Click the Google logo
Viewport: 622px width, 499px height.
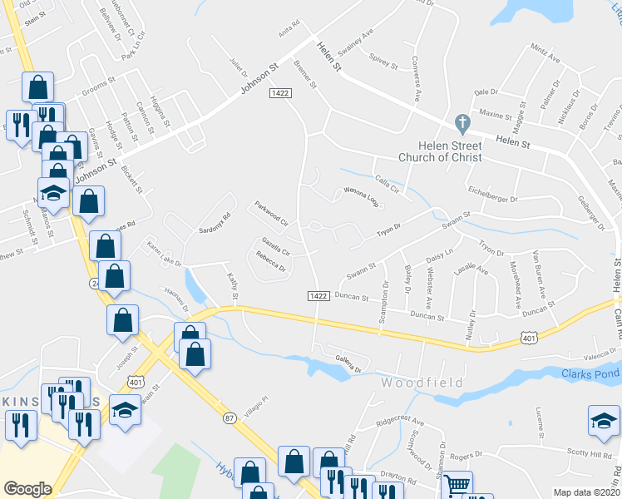pyautogui.click(x=27, y=488)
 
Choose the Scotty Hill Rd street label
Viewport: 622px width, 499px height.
pyautogui.click(x=590, y=452)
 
